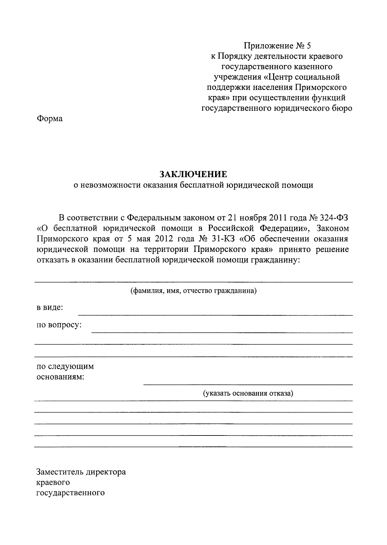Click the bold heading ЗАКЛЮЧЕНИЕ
coord(193,174)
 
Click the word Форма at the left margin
coord(49,119)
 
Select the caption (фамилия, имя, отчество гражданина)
coord(193,291)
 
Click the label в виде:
coord(49,307)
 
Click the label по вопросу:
coord(59,325)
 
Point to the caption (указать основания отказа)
coord(248,393)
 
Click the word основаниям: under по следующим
coord(60,377)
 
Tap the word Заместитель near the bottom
coord(60,472)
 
